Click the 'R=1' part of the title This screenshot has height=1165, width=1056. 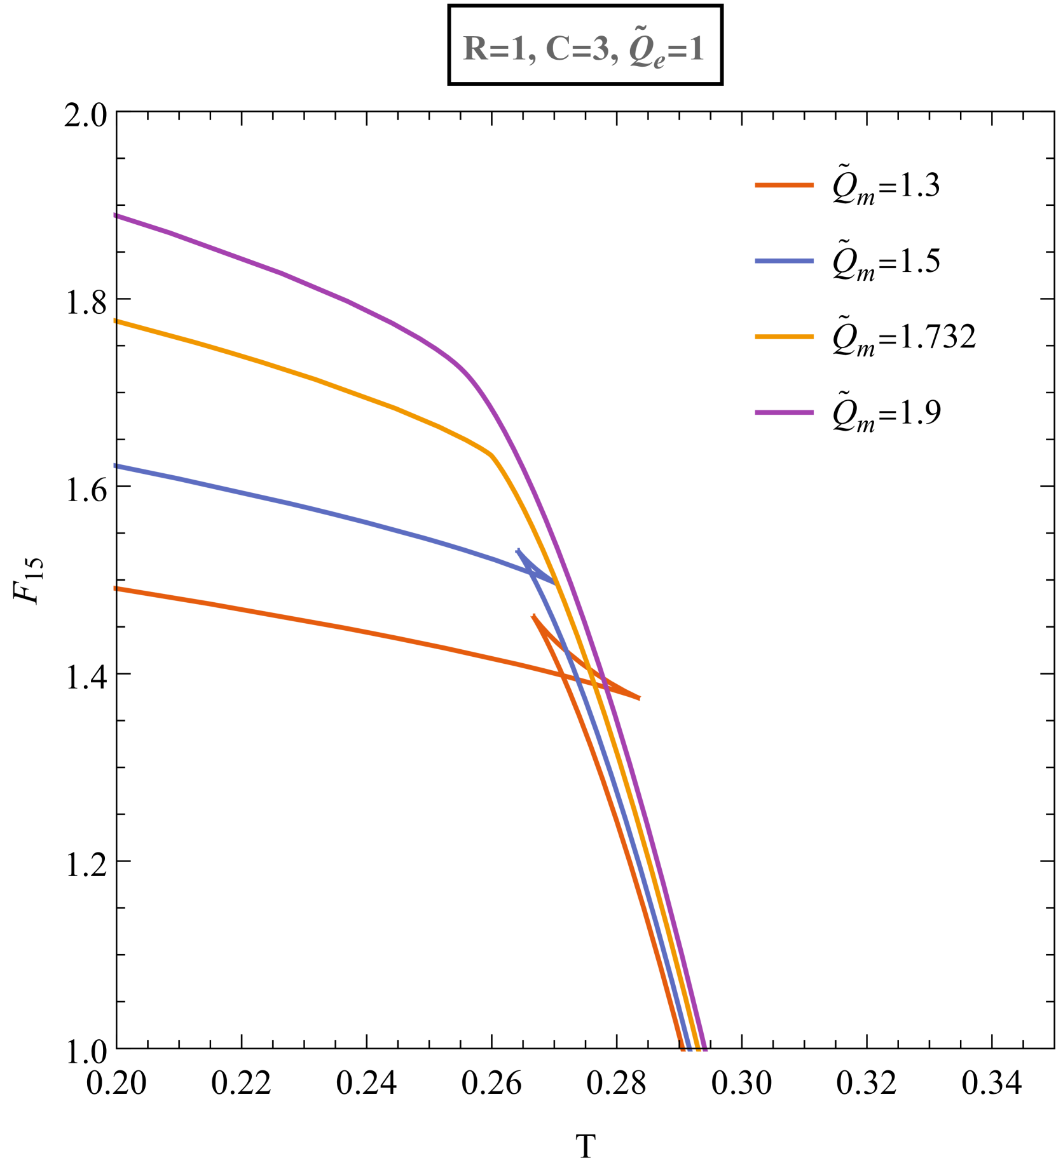[x=494, y=50]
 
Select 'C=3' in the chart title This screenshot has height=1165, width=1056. [x=576, y=50]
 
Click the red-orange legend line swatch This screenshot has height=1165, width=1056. [x=784, y=185]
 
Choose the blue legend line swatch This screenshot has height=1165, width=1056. [x=784, y=261]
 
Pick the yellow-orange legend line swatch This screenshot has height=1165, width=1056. [x=784, y=337]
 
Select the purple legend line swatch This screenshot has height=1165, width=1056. [x=784, y=413]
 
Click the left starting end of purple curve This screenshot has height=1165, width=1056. [x=116, y=216]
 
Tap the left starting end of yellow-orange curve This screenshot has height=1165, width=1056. [x=116, y=321]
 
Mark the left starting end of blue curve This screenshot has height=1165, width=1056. [x=116, y=466]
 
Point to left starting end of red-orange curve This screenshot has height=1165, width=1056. [x=116, y=589]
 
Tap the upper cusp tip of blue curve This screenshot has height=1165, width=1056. [x=518, y=549]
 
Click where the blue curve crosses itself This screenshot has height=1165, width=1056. [x=532, y=573]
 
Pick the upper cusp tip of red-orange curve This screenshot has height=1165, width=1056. [x=533, y=615]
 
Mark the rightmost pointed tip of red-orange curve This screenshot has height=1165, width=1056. [x=640, y=698]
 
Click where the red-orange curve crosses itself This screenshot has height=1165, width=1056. [x=562, y=676]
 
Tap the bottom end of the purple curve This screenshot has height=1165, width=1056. [x=704, y=1049]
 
